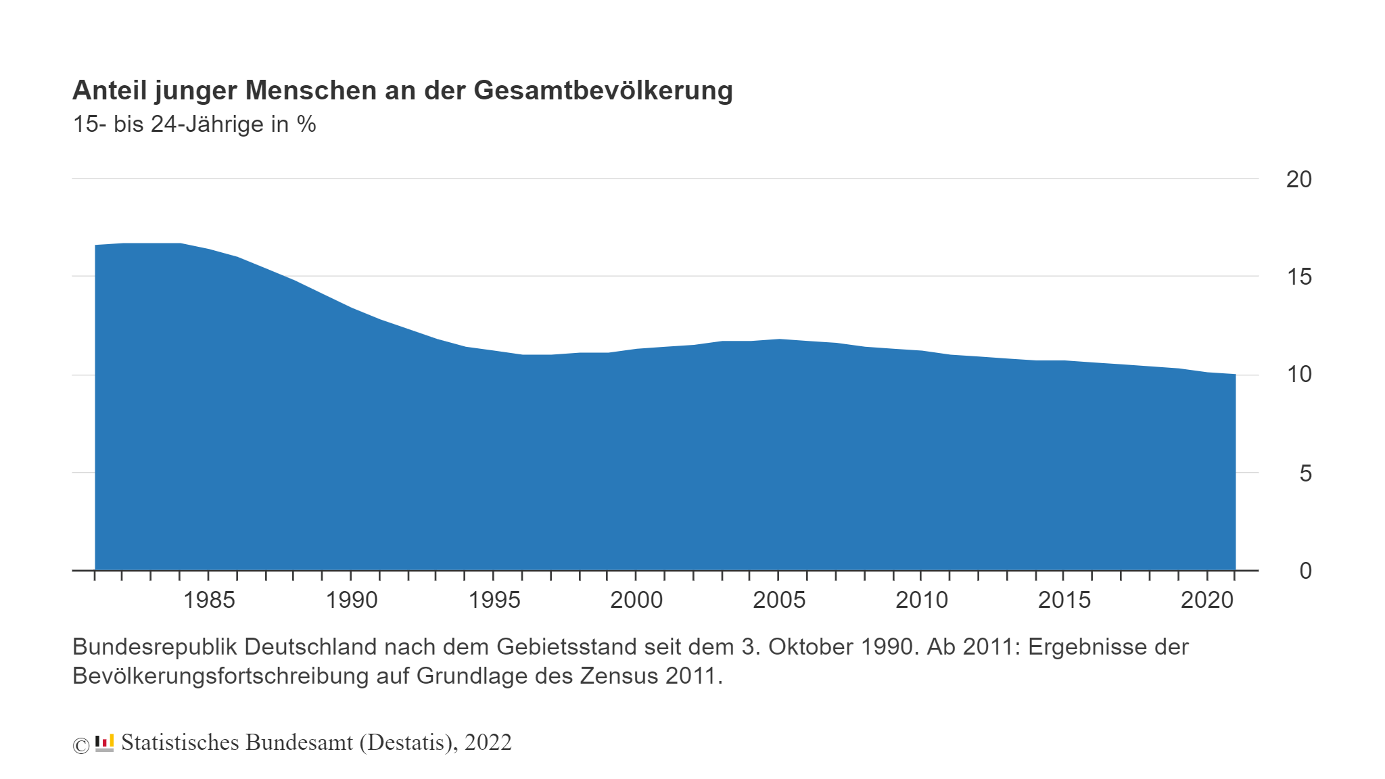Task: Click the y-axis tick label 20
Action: coord(1298,179)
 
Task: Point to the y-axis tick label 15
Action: coord(1298,277)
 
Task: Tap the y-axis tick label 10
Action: coord(1298,375)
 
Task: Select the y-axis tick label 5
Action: coord(1305,473)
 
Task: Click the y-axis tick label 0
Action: coord(1305,571)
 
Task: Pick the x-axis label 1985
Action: coord(209,600)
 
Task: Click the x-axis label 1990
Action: coord(352,600)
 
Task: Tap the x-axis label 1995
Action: coord(494,600)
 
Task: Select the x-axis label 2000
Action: coord(636,600)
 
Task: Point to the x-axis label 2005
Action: coord(779,600)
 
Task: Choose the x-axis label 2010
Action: coord(922,600)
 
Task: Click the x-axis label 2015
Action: coord(1064,600)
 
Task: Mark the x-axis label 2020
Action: coord(1207,600)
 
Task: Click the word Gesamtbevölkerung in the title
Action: coord(603,91)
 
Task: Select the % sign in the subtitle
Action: coord(306,124)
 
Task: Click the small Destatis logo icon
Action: coord(104,742)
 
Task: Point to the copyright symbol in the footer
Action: coord(80,745)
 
